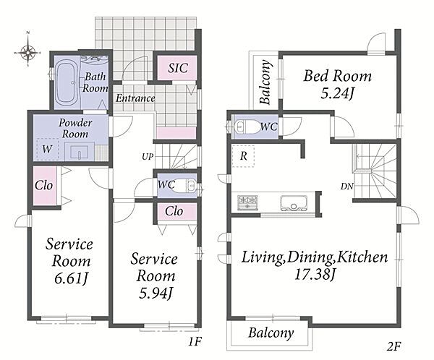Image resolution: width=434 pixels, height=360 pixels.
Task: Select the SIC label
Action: pos(178,68)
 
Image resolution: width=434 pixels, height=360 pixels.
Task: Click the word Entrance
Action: pos(135,98)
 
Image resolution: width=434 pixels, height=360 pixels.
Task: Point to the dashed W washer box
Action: pos(48,149)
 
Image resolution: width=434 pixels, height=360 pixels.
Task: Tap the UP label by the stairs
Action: pos(148,157)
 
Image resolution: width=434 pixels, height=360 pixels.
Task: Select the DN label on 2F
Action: pos(347,187)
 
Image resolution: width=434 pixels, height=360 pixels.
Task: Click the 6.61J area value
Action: pos(72,278)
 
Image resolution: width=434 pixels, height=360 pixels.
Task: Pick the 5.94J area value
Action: pos(156,293)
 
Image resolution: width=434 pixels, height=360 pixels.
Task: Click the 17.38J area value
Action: pos(315,275)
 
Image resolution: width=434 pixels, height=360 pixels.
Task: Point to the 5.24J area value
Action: pos(337,94)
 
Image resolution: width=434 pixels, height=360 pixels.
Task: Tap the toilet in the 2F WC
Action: pos(242,127)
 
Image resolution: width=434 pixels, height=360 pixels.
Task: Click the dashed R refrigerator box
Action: pos(243,156)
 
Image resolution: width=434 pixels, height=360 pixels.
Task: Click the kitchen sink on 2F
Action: pos(294,203)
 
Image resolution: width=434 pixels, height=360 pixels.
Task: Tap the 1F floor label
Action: pos(195,342)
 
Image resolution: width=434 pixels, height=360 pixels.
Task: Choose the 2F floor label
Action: pos(394,346)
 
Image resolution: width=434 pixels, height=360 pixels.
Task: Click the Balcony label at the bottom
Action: pos(271,333)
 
